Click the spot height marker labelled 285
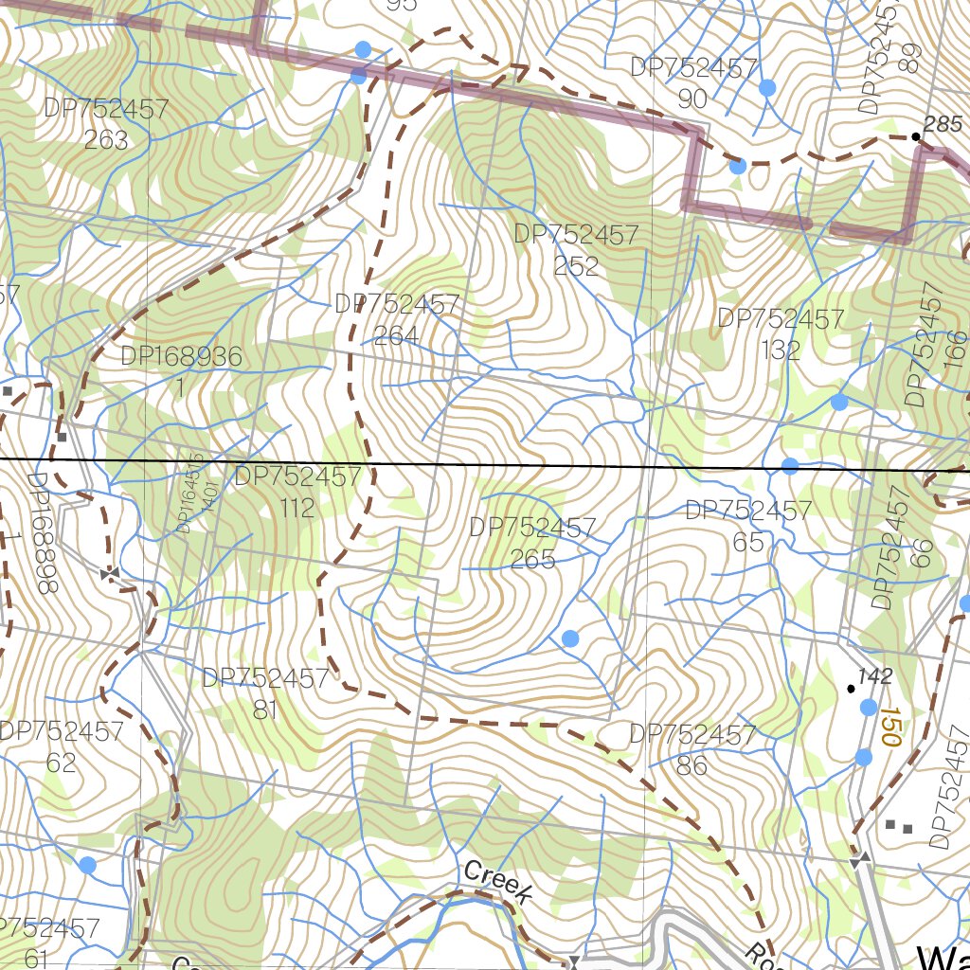click(916, 136)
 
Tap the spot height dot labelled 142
click(851, 688)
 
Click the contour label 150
click(888, 725)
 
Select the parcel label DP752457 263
click(106, 124)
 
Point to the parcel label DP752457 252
click(576, 250)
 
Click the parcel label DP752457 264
click(396, 320)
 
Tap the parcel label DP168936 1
click(182, 372)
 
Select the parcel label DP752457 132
click(781, 334)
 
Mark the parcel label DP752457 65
click(748, 527)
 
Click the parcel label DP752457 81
click(265, 693)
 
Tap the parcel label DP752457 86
click(692, 749)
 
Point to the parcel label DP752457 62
click(62, 746)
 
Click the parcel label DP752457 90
click(693, 83)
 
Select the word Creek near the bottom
click(498, 881)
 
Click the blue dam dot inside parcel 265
click(569, 638)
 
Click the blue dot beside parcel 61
click(87, 865)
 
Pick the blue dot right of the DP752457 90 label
click(767, 87)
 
